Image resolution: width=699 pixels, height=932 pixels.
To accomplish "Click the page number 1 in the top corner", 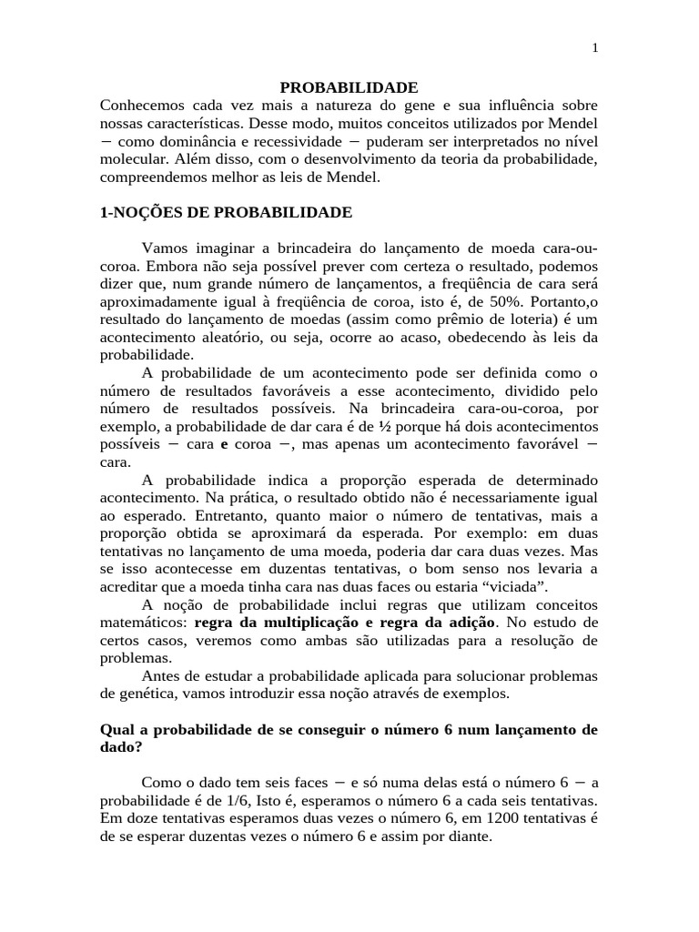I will (x=594, y=48).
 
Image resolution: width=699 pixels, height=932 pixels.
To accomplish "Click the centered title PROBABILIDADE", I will (x=349, y=87).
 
